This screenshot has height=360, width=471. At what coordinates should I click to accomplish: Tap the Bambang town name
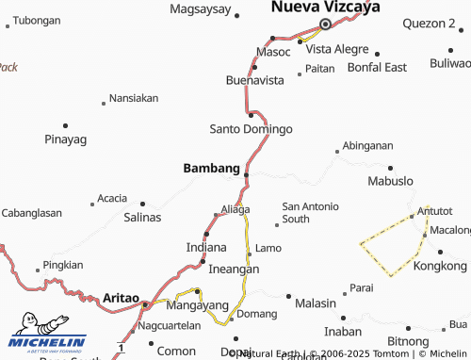coord(210,168)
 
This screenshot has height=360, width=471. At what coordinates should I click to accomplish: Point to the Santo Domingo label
coord(251,128)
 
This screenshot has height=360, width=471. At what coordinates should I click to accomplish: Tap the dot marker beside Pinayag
coord(65,124)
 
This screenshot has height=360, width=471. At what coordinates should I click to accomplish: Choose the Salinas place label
coord(142,217)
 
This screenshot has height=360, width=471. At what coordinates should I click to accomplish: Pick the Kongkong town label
coord(440,267)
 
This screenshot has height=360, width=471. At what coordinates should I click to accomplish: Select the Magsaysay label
coord(201,8)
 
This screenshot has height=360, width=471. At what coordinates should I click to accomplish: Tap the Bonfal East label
coord(377,67)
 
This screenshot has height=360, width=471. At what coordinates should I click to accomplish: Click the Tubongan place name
coord(38,20)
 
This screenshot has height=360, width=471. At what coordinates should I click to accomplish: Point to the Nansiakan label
coord(134,97)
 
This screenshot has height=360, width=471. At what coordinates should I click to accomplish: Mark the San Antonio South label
coord(310,212)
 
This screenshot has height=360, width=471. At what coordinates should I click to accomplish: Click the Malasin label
coord(316,303)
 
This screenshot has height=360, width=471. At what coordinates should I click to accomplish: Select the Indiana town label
coord(206,247)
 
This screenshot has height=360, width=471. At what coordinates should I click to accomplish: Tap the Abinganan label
coord(368,145)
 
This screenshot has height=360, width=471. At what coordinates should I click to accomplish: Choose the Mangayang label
coord(198,305)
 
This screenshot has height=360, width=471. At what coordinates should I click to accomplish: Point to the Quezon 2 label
coord(428,22)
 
